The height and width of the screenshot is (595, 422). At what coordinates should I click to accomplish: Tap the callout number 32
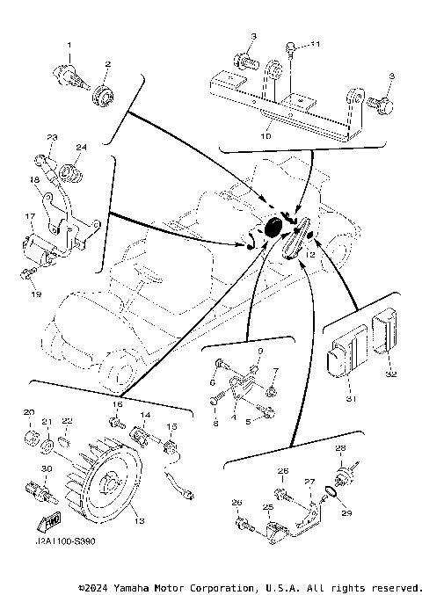pos(391,374)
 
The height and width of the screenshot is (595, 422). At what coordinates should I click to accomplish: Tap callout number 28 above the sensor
pos(341,448)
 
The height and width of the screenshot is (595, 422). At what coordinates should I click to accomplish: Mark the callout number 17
pos(29,215)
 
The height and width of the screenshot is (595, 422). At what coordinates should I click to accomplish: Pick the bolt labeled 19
pos(26,275)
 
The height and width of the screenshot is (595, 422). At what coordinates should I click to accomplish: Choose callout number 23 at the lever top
pos(51,137)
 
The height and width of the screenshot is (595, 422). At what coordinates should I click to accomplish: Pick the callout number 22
pos(67,421)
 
